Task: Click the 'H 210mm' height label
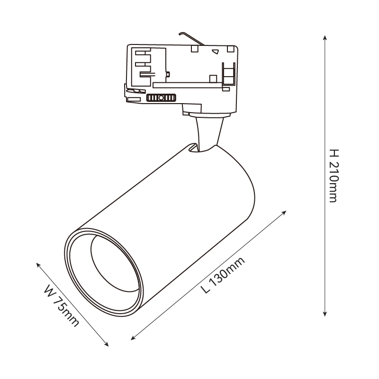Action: coord(334,176)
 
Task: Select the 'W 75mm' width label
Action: coord(62,306)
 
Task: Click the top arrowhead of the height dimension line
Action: coord(325,37)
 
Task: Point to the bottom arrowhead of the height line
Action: coord(325,314)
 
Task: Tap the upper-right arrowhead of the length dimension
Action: coord(284,212)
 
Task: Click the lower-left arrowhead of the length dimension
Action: coord(133,338)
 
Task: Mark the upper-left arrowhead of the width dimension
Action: coord(38,264)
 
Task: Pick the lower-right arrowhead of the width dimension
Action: coord(106,344)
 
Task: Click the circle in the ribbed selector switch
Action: coord(161,98)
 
